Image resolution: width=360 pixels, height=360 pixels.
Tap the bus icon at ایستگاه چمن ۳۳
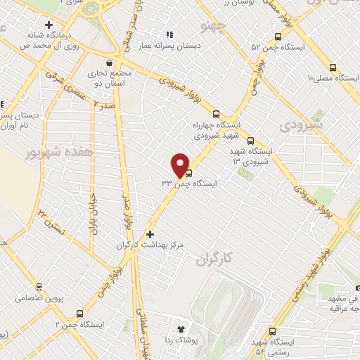188,174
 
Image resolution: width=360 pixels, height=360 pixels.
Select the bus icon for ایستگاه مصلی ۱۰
332,68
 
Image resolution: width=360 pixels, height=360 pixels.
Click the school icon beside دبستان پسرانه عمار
168,34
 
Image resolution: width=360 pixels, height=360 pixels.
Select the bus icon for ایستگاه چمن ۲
79,314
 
